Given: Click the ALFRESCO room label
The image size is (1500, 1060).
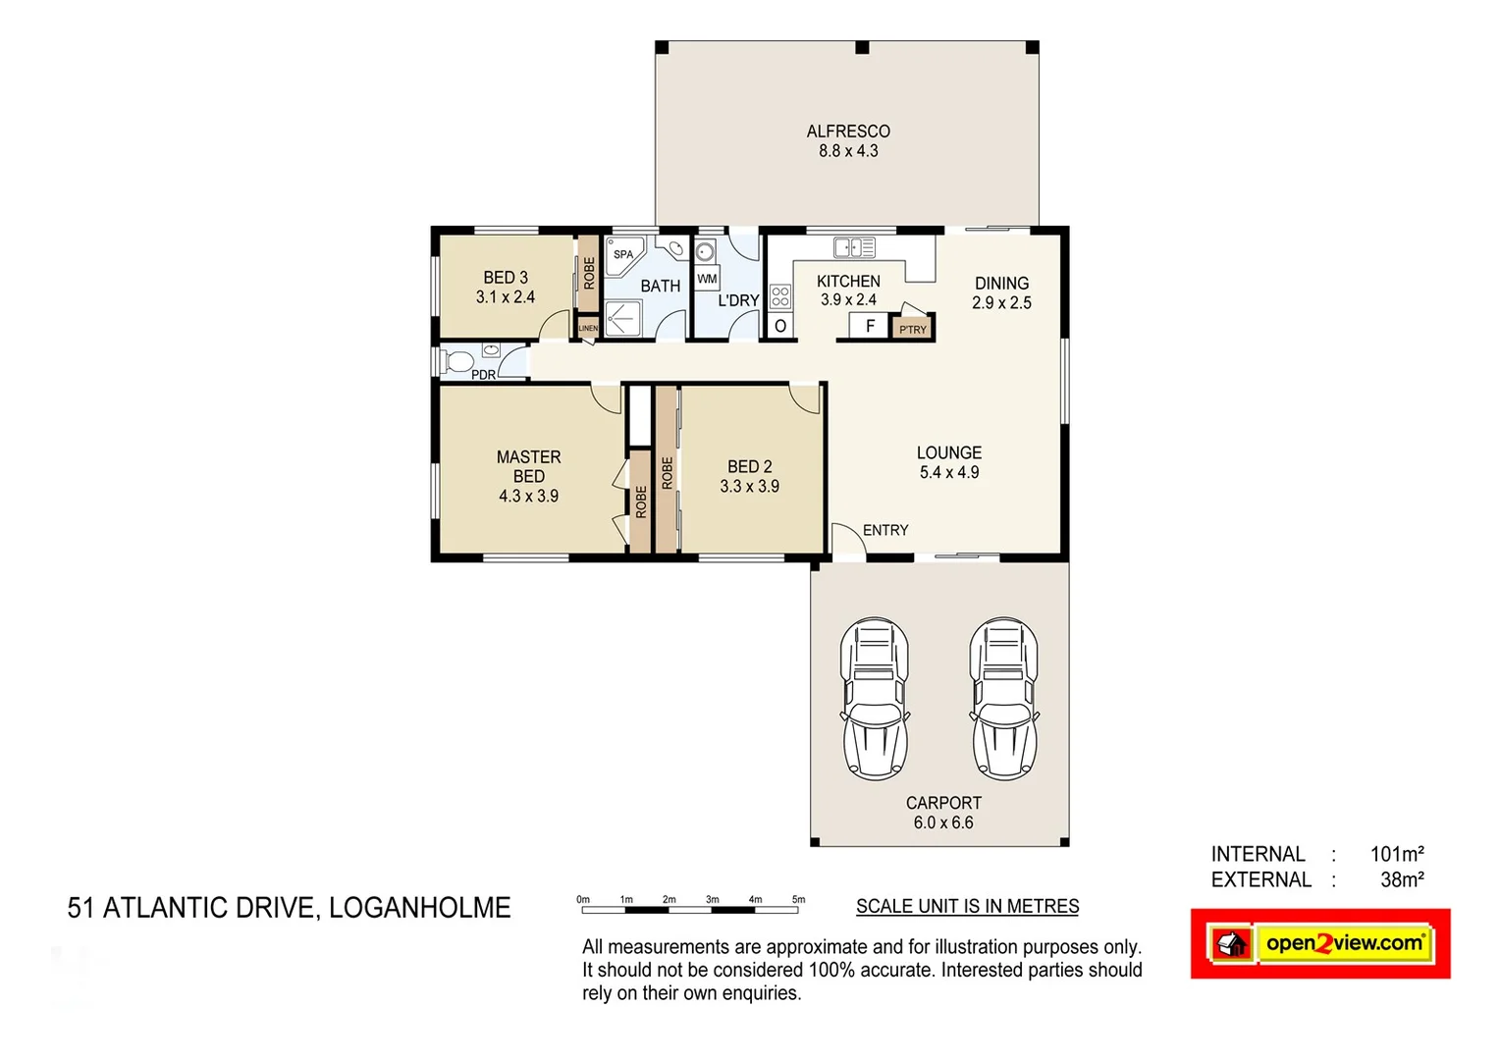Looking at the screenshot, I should pos(848,132).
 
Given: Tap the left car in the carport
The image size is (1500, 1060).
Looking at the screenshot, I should pos(874,699).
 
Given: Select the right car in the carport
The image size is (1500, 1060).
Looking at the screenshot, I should pos(1003,699).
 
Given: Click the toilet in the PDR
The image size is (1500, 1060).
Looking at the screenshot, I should pos(456,361).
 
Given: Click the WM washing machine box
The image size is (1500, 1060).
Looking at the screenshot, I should pos(707,279).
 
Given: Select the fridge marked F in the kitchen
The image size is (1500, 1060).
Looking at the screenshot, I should pos(869,326).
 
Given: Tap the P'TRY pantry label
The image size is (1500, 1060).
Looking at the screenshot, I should pos(913,330).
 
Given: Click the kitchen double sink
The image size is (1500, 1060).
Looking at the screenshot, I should pos(854,247).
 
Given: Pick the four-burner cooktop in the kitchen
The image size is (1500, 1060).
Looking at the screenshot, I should pos(780,296).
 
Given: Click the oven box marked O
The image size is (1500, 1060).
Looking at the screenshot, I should pos(780,326).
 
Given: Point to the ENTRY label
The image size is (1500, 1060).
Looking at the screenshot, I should pos(885,530).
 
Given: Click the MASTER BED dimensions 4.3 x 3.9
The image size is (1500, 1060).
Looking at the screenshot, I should pos(528,497).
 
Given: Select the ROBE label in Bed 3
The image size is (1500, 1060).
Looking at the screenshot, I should pos(589,272).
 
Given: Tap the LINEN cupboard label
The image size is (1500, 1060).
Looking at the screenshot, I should pos(588,328).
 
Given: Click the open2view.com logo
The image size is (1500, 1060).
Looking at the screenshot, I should pos(1320,944).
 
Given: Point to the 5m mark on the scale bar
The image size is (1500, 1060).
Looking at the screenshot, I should pos(798,900).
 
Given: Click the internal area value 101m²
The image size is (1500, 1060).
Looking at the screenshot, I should pos(1396,854).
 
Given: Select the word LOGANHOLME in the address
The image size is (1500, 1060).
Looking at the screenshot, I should pos(419,908).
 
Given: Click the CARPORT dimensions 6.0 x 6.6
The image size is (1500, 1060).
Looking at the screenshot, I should pos(943,823).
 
